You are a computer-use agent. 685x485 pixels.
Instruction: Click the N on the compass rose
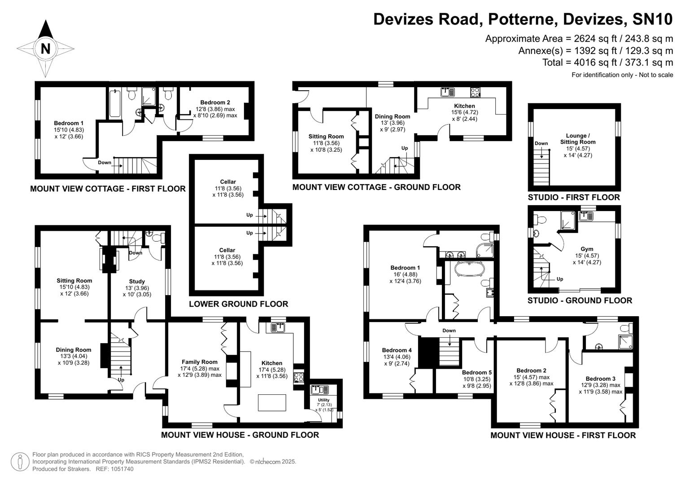[45, 48]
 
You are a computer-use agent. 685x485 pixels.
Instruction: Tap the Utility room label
[323, 400]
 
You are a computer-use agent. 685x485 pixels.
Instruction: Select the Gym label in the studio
[587, 249]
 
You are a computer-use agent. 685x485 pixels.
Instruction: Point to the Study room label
[137, 282]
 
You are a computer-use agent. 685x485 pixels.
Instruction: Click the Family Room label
[200, 362]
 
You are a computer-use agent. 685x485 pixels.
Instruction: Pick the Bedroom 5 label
[477, 372]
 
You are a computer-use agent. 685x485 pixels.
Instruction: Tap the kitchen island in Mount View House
[272, 402]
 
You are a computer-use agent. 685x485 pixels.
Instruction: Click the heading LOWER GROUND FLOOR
[238, 304]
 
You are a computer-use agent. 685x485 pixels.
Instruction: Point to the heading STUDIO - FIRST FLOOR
[574, 197]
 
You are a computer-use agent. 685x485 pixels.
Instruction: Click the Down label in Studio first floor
[541, 144]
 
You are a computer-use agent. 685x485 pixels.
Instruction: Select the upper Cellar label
[228, 182]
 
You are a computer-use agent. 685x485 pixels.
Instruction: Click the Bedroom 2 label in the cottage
[215, 102]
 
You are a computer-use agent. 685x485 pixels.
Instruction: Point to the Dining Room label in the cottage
[393, 116]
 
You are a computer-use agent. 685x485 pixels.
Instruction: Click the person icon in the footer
[20, 462]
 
